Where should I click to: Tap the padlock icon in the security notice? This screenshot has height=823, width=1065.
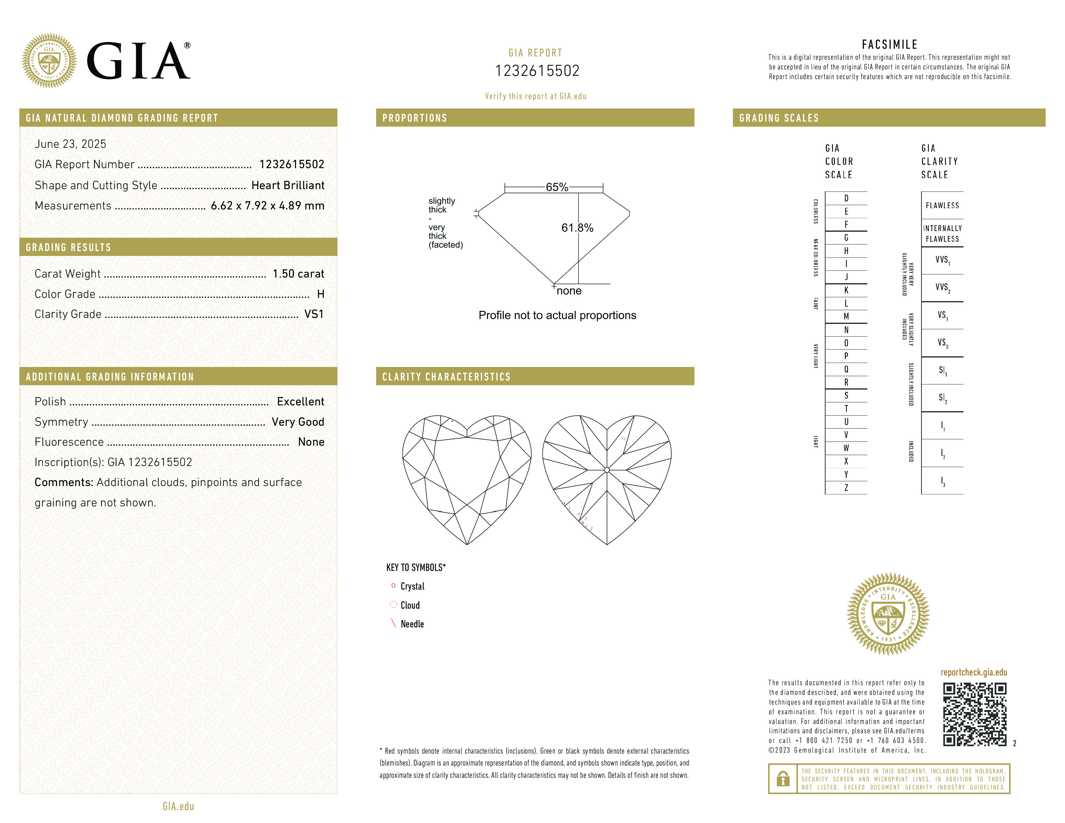tap(783, 779)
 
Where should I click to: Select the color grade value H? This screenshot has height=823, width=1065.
tap(320, 294)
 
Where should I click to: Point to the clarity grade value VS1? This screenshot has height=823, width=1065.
tap(314, 314)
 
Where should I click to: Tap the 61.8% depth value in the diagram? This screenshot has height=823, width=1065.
tap(577, 228)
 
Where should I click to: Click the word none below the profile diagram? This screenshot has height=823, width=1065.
tap(569, 291)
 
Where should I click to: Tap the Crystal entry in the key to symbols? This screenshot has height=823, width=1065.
tap(412, 586)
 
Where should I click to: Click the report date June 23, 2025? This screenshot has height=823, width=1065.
tap(70, 144)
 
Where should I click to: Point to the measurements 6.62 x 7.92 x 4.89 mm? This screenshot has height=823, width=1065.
tap(267, 206)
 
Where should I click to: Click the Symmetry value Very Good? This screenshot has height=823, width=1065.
tap(298, 422)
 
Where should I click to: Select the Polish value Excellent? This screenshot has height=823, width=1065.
tap(300, 401)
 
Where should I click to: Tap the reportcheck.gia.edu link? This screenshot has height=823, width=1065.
tap(973, 672)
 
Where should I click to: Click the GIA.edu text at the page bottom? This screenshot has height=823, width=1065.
tap(178, 806)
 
